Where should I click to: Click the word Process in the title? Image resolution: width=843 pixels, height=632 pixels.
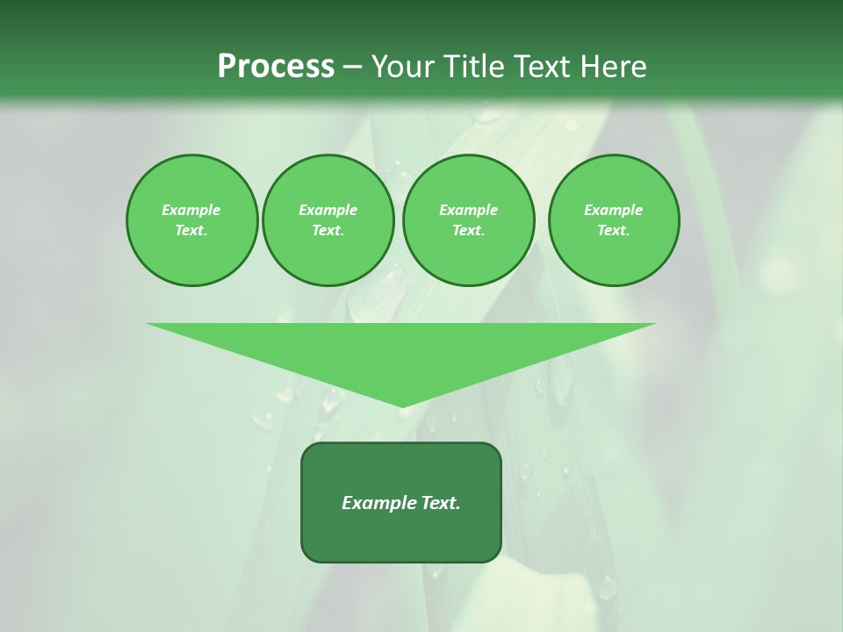point(276,67)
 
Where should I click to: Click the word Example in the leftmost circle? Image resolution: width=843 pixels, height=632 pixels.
point(191,210)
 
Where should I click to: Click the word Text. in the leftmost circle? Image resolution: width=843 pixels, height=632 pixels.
point(191,230)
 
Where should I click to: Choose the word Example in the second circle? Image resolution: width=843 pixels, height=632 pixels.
point(328,210)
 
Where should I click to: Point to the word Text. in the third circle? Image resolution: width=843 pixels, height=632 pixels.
point(468,230)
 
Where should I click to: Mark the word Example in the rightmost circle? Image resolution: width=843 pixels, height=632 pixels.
point(614,210)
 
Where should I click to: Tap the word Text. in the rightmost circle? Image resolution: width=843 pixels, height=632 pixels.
point(614,230)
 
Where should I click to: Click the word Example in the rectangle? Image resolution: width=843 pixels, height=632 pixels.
point(378,503)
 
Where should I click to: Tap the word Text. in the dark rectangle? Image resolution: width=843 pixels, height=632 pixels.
point(440,503)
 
